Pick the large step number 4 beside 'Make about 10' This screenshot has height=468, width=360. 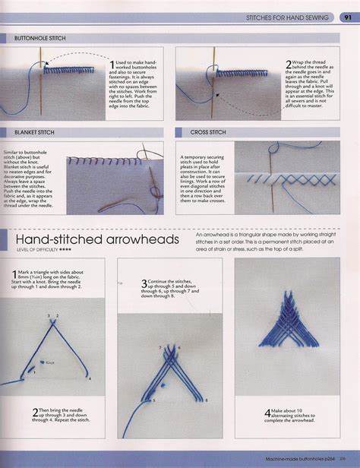pos(270,414)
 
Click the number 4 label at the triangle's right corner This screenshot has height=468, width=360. pos(90,378)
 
